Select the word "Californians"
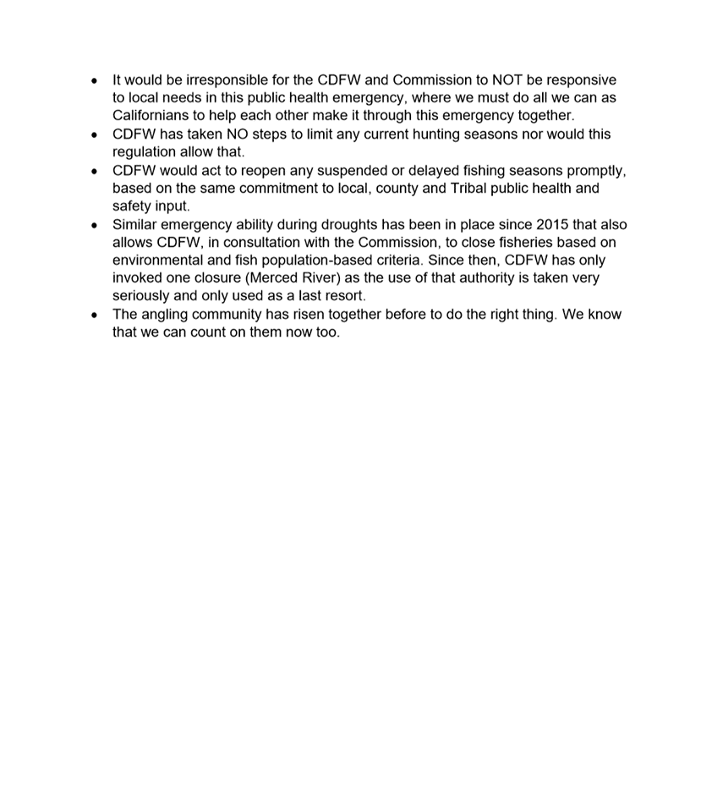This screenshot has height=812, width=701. pyautogui.click(x=152, y=116)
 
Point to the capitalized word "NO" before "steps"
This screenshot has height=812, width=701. pyautogui.click(x=237, y=134)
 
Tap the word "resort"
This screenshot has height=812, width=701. pyautogui.click(x=344, y=296)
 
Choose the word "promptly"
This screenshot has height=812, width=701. pyautogui.click(x=596, y=171)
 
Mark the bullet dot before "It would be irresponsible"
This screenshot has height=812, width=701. pyautogui.click(x=95, y=81)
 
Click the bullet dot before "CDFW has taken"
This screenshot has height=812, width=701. pyautogui.click(x=95, y=135)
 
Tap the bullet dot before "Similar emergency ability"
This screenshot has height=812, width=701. pyautogui.click(x=95, y=226)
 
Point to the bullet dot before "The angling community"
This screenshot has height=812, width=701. pyautogui.click(x=95, y=315)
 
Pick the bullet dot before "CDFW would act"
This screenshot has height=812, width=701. pyautogui.click(x=95, y=172)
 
